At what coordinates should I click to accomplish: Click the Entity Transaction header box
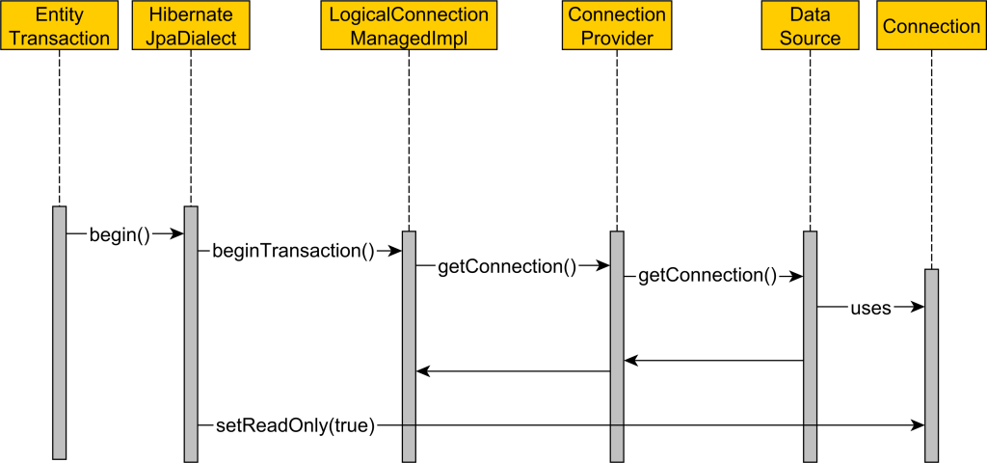point(59,26)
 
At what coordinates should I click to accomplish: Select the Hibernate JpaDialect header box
point(191,26)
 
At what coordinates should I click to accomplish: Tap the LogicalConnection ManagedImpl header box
point(409,26)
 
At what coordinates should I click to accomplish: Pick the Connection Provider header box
point(617,26)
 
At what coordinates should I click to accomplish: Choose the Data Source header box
point(811,26)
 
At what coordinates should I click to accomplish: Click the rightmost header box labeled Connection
point(931,26)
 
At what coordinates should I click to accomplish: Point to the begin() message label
point(120,234)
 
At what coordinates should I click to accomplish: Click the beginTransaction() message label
point(293,251)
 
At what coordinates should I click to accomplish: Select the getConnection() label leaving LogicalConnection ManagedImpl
point(506,266)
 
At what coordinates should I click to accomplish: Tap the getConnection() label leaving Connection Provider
point(707,276)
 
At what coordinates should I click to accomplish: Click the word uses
point(870,308)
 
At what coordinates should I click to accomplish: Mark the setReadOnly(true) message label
point(293,424)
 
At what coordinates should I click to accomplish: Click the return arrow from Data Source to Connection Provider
point(713,361)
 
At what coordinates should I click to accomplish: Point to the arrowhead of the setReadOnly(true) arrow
point(918,424)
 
